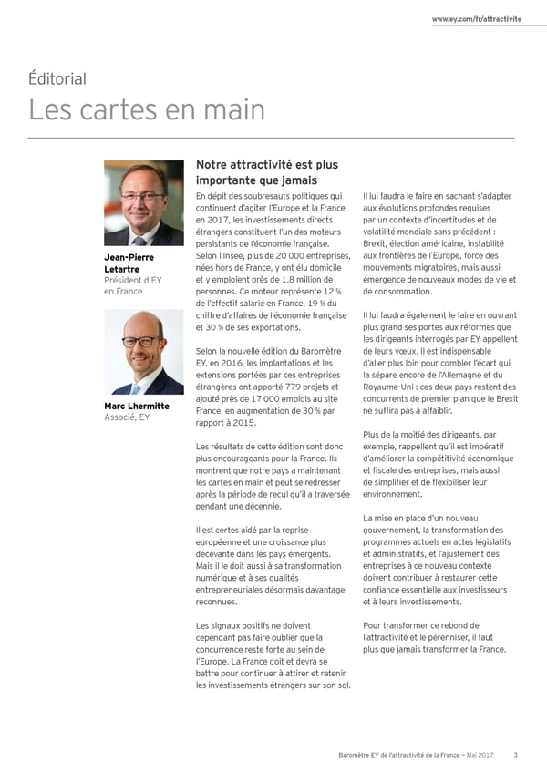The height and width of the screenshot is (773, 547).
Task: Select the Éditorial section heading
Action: [57, 78]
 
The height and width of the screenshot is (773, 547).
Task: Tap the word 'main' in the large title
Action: [233, 109]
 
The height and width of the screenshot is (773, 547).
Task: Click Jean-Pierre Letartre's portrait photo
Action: [143, 203]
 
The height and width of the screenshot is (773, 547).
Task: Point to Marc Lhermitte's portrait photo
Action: [143, 352]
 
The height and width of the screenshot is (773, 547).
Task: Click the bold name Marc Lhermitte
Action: [137, 406]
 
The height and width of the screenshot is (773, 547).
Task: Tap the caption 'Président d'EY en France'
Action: [133, 285]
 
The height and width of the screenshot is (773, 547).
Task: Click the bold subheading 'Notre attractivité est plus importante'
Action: [266, 172]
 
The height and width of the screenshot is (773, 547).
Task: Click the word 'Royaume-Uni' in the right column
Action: [386, 386]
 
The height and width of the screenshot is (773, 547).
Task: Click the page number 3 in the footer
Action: [515, 753]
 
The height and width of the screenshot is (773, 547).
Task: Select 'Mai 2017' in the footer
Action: [481, 753]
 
